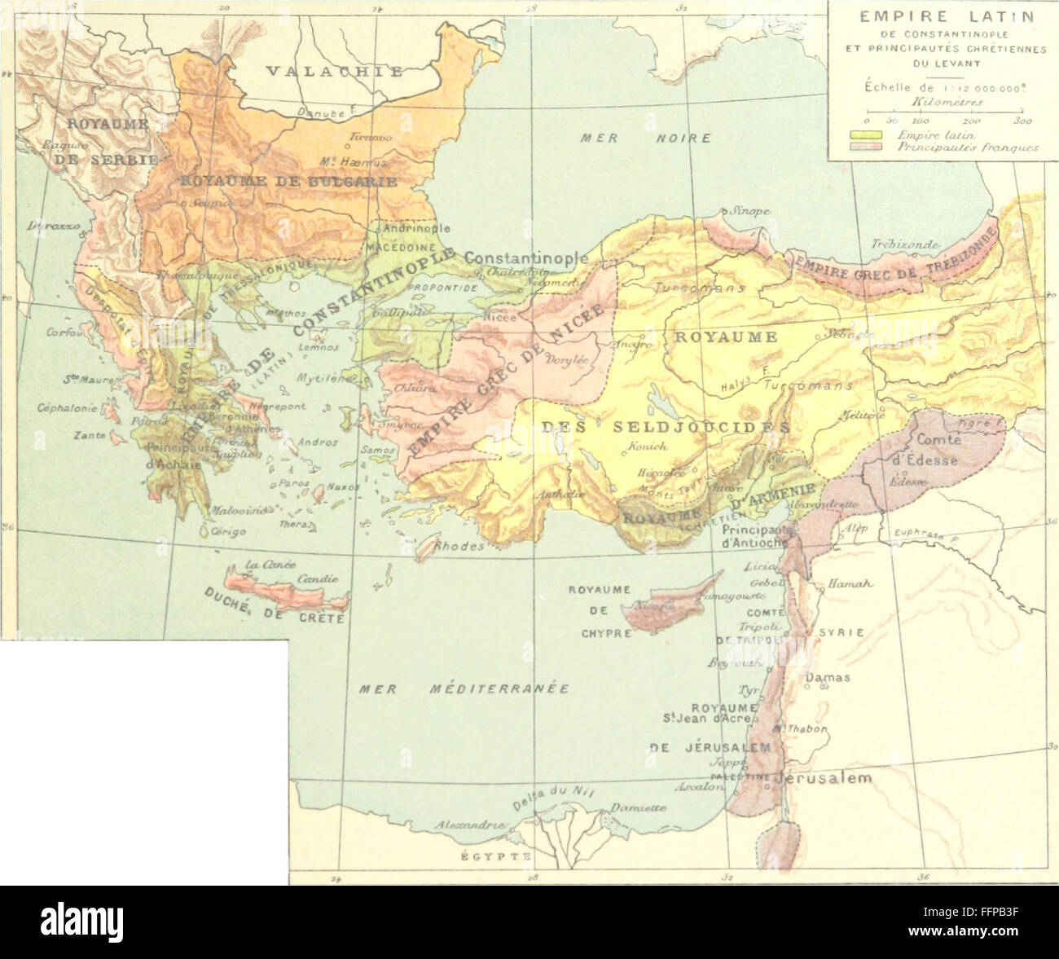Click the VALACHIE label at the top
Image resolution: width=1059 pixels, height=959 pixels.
pos(335,72)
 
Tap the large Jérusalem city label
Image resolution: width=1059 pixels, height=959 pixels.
pos(825,778)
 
